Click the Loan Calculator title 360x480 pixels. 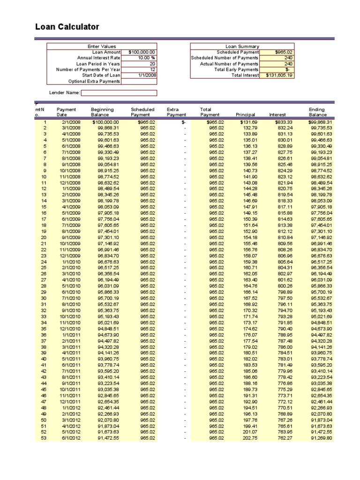[x=67, y=27]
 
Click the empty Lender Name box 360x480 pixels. [x=119, y=93]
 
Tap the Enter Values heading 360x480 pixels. [x=102, y=46]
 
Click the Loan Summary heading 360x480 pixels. [x=242, y=46]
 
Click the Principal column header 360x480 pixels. [x=246, y=115]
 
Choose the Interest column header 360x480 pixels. [x=277, y=115]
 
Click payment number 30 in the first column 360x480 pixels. [x=44, y=298]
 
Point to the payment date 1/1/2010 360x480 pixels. [x=71, y=262]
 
